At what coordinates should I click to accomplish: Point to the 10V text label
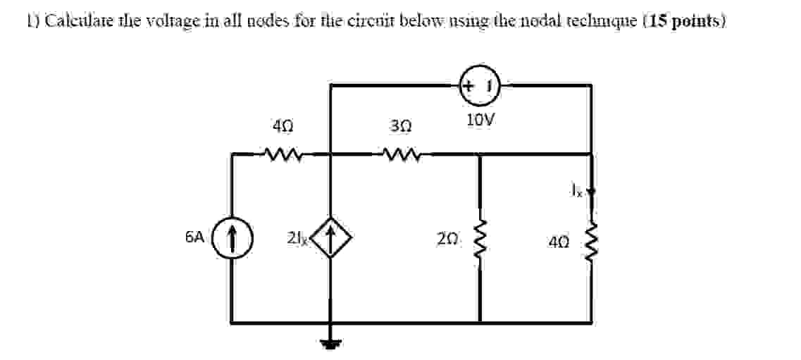click(480, 120)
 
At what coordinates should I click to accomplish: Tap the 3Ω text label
click(399, 128)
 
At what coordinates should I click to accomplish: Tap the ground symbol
click(330, 344)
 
